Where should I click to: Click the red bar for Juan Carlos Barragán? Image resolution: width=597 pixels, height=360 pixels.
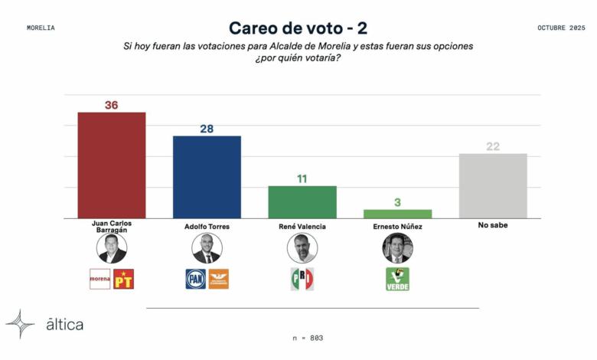pos(112,165)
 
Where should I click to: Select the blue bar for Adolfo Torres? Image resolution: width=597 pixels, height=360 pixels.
pos(207,177)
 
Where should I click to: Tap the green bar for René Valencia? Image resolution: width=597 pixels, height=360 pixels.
pos(302,202)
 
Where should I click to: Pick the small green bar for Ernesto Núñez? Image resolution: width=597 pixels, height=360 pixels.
pos(397,214)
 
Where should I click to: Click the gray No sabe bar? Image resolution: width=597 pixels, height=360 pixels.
pos(493,186)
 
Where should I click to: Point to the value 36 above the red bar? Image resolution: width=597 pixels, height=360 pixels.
pos(112,105)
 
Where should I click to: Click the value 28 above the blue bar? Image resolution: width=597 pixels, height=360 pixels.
pos(207,129)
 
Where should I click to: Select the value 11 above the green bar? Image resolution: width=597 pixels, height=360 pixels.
pos(302,178)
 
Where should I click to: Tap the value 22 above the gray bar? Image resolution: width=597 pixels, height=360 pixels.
pos(493,146)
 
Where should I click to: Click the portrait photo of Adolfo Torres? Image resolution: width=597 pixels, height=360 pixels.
pos(207,248)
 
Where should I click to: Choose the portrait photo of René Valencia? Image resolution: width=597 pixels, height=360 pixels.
pos(302,248)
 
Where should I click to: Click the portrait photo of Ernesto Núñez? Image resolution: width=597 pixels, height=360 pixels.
pos(397,248)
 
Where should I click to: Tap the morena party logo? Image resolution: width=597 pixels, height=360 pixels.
pos(100,279)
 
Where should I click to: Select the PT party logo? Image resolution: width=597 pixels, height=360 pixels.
pos(123,279)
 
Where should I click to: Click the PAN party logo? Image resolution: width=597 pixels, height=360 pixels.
pos(196,279)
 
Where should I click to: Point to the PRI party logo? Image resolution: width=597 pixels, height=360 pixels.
pos(302,279)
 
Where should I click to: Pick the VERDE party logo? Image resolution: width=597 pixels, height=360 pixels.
pos(397,279)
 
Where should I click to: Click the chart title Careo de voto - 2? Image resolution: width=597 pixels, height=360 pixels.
pos(298,28)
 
